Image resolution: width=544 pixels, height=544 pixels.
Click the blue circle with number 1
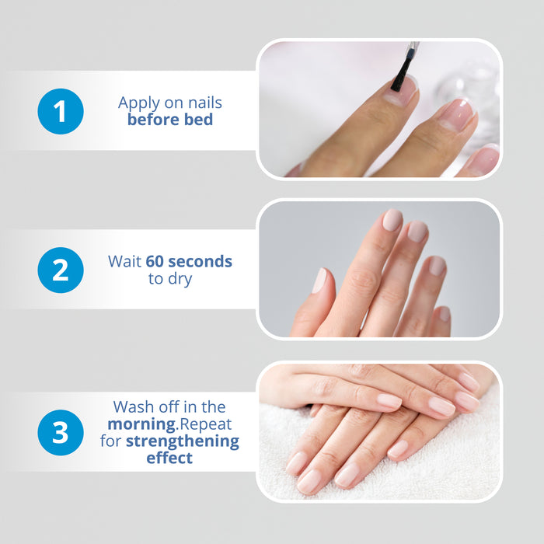pyautogui.click(x=61, y=111)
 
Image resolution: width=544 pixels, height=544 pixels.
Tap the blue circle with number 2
pyautogui.click(x=61, y=270)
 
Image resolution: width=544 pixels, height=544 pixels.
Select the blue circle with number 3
pyautogui.click(x=61, y=432)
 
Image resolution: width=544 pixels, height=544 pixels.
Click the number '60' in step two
pyautogui.click(x=155, y=262)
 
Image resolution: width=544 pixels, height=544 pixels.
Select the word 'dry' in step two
pyautogui.click(x=180, y=279)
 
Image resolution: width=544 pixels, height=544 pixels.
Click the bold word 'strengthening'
pyautogui.click(x=183, y=441)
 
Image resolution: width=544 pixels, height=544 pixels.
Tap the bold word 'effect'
pyautogui.click(x=169, y=458)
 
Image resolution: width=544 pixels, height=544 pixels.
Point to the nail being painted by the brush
pyautogui.click(x=402, y=90)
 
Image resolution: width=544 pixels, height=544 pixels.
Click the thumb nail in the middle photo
pyautogui.click(x=319, y=281)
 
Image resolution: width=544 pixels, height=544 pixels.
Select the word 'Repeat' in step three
pyautogui.click(x=206, y=424)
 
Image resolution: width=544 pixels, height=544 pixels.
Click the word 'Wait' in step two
pyautogui.click(x=125, y=262)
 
